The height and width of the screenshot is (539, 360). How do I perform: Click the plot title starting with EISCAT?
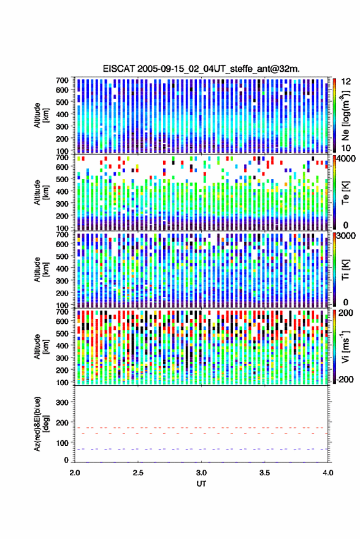click(201, 69)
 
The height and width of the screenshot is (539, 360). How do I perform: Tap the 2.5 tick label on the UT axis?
click(138, 473)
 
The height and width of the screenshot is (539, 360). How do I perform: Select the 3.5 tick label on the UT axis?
click(264, 473)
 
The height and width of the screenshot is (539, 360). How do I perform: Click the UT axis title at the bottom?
click(201, 484)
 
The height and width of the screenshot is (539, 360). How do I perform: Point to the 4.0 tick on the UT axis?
click(328, 473)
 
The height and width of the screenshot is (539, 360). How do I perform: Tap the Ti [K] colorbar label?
click(345, 270)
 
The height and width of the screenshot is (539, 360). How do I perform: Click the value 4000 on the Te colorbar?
click(346, 159)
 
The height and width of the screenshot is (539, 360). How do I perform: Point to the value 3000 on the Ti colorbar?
click(346, 236)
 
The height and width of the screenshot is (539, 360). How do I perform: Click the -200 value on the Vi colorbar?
click(345, 380)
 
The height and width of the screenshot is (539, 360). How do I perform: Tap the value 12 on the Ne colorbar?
click(346, 82)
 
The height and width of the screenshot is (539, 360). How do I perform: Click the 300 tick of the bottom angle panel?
click(62, 402)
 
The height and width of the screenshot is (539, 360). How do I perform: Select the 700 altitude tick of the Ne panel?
click(62, 80)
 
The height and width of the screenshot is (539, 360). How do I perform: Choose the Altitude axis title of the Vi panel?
click(40, 346)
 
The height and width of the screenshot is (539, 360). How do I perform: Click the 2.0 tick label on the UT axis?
click(75, 473)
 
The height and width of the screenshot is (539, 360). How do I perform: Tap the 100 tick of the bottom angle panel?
click(62, 443)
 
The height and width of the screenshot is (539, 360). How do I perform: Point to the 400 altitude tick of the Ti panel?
click(62, 269)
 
